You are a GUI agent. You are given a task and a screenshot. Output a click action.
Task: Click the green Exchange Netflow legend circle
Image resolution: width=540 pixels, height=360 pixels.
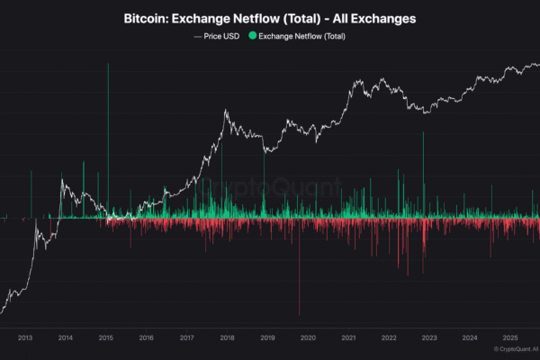tap(252, 36)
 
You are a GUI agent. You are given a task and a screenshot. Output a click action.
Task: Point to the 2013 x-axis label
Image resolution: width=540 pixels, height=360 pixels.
tap(25, 337)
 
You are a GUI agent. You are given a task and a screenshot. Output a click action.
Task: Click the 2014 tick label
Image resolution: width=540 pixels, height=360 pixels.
tap(66, 337)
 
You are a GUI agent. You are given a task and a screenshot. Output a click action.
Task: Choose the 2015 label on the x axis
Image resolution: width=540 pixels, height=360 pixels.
tap(105, 337)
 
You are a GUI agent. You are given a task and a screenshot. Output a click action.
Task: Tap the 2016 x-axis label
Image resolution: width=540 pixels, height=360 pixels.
tap(146, 337)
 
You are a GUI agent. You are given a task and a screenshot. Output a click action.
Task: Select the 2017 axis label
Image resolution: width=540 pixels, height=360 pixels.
tap(186, 337)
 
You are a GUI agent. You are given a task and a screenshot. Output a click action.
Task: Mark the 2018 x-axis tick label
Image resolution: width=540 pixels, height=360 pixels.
tap(227, 337)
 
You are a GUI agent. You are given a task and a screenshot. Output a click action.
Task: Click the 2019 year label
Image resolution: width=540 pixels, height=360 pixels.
tap(267, 337)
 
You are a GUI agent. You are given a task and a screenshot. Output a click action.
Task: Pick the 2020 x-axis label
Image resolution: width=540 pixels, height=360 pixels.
tap(308, 337)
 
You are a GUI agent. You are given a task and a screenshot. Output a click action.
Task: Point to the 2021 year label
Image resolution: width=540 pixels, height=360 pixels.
tap(348, 337)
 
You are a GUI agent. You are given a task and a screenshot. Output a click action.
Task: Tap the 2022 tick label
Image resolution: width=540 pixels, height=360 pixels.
tap(389, 337)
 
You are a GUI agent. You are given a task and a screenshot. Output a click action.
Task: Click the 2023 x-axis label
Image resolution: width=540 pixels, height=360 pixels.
tap(429, 337)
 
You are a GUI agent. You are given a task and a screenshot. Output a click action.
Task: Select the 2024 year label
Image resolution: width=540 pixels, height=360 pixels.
tap(469, 337)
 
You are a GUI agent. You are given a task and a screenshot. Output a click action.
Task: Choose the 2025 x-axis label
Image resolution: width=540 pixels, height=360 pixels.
tap(509, 337)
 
